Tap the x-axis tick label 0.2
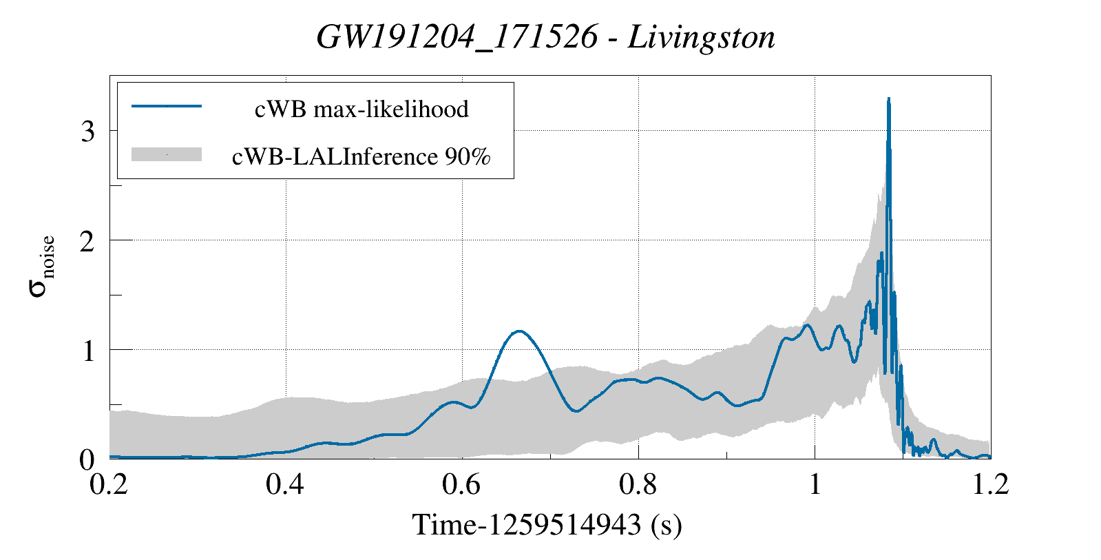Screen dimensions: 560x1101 110,484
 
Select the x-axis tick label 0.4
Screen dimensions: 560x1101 286,484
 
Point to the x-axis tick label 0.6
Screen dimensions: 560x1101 462,484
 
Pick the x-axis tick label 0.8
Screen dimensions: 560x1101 638,484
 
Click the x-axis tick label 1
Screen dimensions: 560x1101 815,484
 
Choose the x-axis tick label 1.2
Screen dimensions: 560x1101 990,484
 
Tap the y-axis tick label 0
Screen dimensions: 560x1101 87,459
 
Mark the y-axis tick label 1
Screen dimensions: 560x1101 87,351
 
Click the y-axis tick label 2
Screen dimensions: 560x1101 87,241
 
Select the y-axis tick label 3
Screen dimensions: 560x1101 87,132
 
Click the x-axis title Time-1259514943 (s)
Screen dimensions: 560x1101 547,525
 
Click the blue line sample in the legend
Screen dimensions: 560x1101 167,107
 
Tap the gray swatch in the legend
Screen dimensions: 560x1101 167,155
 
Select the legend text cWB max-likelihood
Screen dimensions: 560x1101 361,109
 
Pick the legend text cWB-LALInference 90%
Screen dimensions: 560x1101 361,156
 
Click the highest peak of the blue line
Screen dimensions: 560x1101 889,99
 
